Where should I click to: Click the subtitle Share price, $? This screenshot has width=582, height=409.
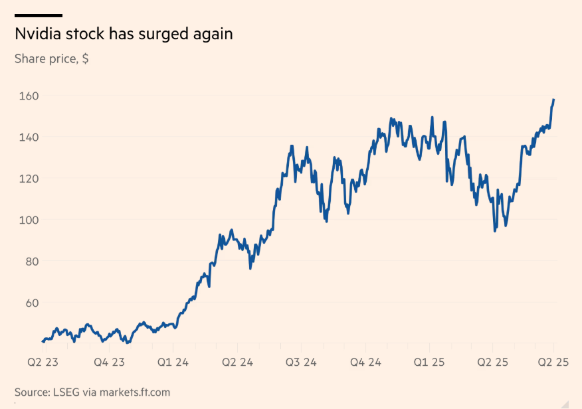point(52,58)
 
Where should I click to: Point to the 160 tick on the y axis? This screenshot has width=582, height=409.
point(27,96)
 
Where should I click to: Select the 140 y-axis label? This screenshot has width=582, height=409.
point(27,137)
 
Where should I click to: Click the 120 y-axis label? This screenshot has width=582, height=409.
point(27,179)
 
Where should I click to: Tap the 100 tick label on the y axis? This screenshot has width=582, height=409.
point(27,220)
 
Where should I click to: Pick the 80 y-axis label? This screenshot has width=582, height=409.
point(31,261)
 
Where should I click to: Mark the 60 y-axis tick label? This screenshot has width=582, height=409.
point(31,303)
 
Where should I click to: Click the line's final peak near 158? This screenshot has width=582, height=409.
point(553,100)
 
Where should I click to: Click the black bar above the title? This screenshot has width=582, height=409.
point(39,15)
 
